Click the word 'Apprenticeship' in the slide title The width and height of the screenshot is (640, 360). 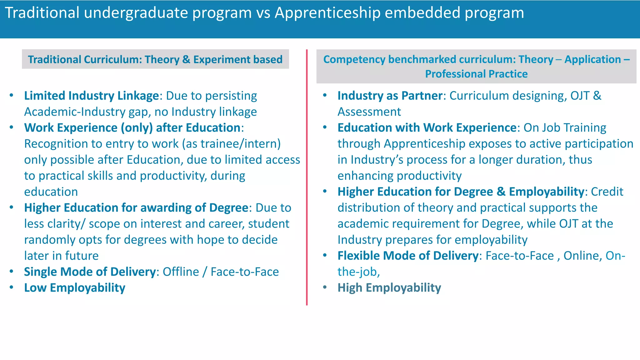[327, 13]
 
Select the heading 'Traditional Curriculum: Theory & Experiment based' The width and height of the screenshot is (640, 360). [155, 59]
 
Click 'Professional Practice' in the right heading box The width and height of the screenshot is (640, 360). [476, 74]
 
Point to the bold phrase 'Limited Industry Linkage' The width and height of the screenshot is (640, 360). [92, 96]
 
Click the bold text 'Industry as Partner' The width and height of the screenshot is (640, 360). [390, 96]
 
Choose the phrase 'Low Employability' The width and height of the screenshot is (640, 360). [75, 288]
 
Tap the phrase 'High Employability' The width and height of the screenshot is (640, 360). [389, 288]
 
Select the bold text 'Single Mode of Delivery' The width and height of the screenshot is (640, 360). [90, 272]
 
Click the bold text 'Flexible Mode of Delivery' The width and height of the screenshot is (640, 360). [408, 256]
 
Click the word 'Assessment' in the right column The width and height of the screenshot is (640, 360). [369, 112]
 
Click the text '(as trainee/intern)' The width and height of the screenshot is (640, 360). [231, 144]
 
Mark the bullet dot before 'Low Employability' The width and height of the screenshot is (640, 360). [12, 287]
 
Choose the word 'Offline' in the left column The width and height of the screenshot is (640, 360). [181, 272]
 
